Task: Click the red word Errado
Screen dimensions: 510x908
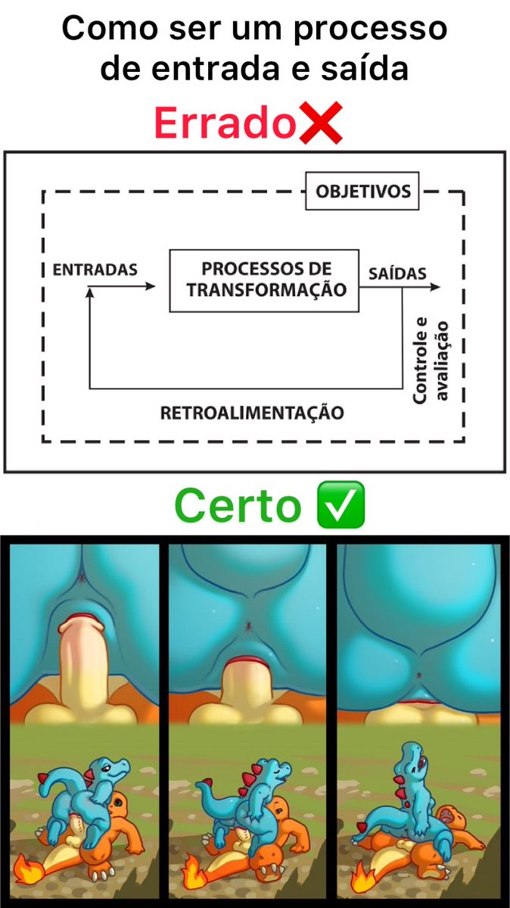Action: (225, 123)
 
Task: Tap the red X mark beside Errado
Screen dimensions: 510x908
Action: (321, 123)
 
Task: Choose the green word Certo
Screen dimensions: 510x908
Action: (238, 506)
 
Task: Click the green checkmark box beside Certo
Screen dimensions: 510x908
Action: (341, 504)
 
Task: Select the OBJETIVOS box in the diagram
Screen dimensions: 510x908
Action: (362, 191)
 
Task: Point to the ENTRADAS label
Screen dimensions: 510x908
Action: (95, 270)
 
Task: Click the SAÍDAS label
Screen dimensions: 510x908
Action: (397, 273)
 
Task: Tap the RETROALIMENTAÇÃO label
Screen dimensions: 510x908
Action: (252, 413)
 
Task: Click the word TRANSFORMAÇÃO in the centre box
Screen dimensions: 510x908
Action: (266, 289)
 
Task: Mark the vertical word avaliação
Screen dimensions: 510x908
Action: (441, 362)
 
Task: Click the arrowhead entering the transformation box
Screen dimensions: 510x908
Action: (151, 286)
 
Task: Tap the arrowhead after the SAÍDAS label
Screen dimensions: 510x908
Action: (435, 287)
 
